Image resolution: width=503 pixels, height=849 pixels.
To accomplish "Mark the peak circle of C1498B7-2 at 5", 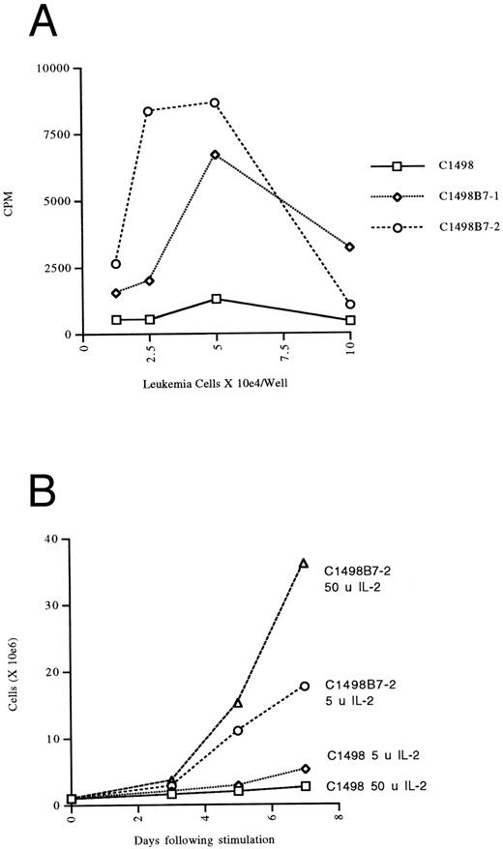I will tap(215, 102).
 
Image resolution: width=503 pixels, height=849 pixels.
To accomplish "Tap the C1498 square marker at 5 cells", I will tap(216, 299).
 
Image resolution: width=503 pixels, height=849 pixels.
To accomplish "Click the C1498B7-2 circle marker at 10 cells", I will tap(349, 304).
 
